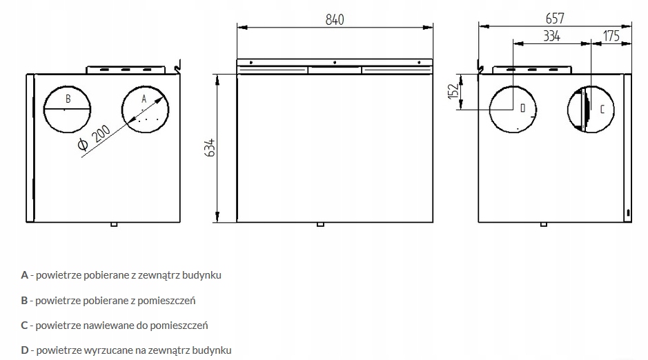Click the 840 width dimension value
(x=334, y=19)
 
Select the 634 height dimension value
(x=210, y=148)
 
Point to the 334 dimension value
(x=551, y=37)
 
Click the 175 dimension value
(x=611, y=37)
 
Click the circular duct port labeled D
(x=513, y=109)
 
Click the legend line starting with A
(x=121, y=274)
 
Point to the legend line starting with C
(x=114, y=325)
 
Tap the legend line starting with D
(x=126, y=350)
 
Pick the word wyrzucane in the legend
(x=104, y=350)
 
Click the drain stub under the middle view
(x=320, y=224)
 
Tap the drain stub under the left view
(x=115, y=224)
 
